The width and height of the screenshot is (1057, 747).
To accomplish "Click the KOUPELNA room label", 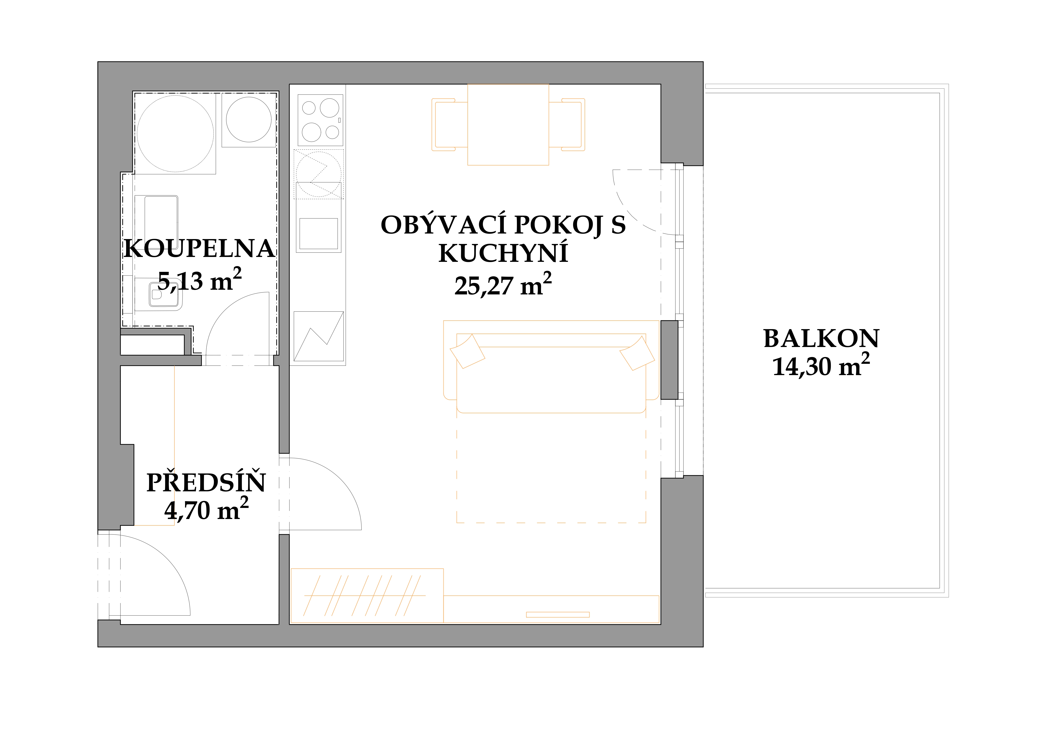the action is (x=199, y=249).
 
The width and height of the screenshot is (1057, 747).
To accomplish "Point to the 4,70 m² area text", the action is (x=206, y=509).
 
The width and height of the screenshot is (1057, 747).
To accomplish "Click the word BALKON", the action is (x=821, y=339).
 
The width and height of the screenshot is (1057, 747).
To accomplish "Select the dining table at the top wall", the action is (x=508, y=125).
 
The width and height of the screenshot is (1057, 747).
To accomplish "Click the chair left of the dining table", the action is (x=449, y=125).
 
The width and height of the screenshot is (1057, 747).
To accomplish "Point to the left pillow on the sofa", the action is (x=467, y=351).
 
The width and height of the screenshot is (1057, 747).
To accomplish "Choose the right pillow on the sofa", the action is (x=637, y=353).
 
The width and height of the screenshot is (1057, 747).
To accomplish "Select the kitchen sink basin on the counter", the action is (x=319, y=234).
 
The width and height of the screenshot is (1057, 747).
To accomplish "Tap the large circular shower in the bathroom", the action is (x=175, y=133).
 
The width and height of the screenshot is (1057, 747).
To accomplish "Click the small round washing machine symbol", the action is (x=249, y=120).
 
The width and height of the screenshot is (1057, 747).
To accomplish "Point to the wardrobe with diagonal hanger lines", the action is (x=367, y=596).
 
